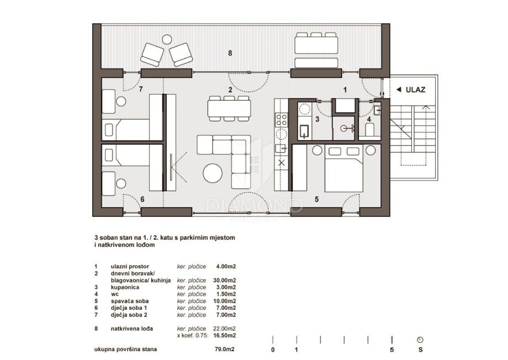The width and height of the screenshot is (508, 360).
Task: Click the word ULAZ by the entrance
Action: click(415, 90)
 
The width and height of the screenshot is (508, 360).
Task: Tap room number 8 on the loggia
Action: click(230, 53)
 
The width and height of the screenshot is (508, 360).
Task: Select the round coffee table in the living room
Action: click(213, 173)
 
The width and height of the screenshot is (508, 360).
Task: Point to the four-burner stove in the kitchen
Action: click(281, 120)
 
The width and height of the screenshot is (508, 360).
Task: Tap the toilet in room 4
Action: click(370, 129)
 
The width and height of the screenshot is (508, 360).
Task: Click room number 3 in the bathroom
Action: click(317, 119)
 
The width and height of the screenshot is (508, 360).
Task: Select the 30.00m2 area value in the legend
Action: click(225, 280)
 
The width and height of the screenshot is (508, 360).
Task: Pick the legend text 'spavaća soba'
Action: click(129, 301)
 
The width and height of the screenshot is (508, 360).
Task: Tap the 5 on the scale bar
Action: click(391, 350)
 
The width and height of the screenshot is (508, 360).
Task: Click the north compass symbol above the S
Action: click(420, 340)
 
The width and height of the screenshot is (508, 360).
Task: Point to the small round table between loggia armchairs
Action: click(167, 40)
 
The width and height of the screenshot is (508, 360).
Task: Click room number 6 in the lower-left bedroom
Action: click(142, 199)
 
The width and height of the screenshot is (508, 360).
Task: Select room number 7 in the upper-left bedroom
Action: click(141, 89)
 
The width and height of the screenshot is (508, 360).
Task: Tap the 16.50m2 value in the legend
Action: click(225, 336)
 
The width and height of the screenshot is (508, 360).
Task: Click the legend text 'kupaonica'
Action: click(125, 288)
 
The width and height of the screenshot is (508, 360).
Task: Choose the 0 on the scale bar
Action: click(273, 350)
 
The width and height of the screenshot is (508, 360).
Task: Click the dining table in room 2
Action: click(229, 109)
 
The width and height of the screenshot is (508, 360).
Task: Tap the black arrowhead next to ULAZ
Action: click(399, 90)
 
